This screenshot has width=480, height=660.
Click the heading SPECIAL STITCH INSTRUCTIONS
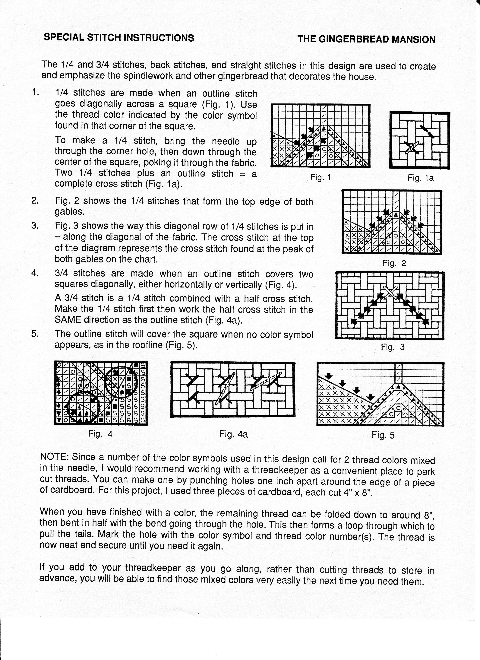click(x=119, y=38)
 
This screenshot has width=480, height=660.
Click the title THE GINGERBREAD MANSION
click(x=367, y=39)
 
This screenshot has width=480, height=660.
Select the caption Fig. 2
click(x=394, y=263)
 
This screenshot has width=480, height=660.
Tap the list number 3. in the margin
click(x=35, y=226)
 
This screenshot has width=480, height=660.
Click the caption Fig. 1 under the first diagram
click(x=321, y=177)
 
